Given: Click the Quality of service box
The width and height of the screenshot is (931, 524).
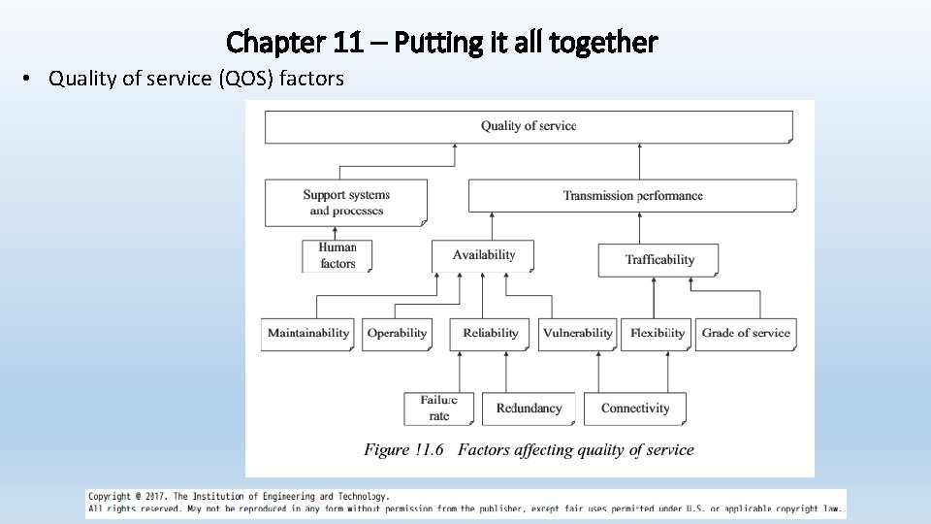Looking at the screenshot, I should coord(529,126).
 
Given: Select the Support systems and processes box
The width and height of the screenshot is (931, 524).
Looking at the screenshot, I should coord(346,203).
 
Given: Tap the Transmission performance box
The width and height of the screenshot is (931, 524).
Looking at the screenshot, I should coord(632,196).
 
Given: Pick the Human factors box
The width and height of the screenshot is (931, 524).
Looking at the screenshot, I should coord(337,255).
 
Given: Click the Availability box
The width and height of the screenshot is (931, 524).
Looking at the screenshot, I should coord(483,255).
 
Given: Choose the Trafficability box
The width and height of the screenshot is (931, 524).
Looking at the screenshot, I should coord(659,260).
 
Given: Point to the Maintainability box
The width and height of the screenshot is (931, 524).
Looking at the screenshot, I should coord(307,334).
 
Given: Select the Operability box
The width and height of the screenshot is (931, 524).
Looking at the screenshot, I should coord(397,334).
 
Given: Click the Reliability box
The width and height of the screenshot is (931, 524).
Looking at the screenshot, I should coord(490,334).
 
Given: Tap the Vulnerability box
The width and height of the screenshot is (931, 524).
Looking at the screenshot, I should coord(577,334).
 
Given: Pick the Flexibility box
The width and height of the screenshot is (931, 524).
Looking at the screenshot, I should coord(657,334).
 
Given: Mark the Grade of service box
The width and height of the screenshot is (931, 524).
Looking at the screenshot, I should coord(746,334).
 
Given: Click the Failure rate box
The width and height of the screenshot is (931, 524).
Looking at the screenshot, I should coord(438,409).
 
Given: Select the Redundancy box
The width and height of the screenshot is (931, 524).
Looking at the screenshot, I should coord(529,409).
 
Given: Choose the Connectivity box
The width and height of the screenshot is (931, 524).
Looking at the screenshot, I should coord(635,409).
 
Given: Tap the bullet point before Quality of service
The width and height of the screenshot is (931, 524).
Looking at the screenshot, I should coord(30,80).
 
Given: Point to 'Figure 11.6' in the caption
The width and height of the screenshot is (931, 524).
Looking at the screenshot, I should coord(403,450).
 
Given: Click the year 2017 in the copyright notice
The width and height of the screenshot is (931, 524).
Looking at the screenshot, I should coord(155,496).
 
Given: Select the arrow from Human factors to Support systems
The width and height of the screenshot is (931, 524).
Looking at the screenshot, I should coord(334,233).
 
